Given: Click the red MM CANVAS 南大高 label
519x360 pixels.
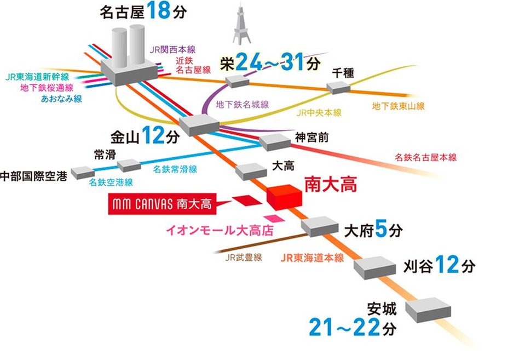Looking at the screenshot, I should [162, 205].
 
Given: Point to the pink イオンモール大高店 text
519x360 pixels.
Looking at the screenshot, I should [220, 230].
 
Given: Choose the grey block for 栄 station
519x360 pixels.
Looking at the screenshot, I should [237, 81].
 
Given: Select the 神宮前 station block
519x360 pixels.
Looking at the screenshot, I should [275, 142].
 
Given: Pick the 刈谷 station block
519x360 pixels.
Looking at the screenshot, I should [374, 268].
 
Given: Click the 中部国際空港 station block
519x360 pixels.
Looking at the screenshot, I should [82, 172].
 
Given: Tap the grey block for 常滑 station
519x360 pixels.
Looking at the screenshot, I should [129, 165].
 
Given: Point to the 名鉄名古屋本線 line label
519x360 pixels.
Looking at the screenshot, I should [425, 157].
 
